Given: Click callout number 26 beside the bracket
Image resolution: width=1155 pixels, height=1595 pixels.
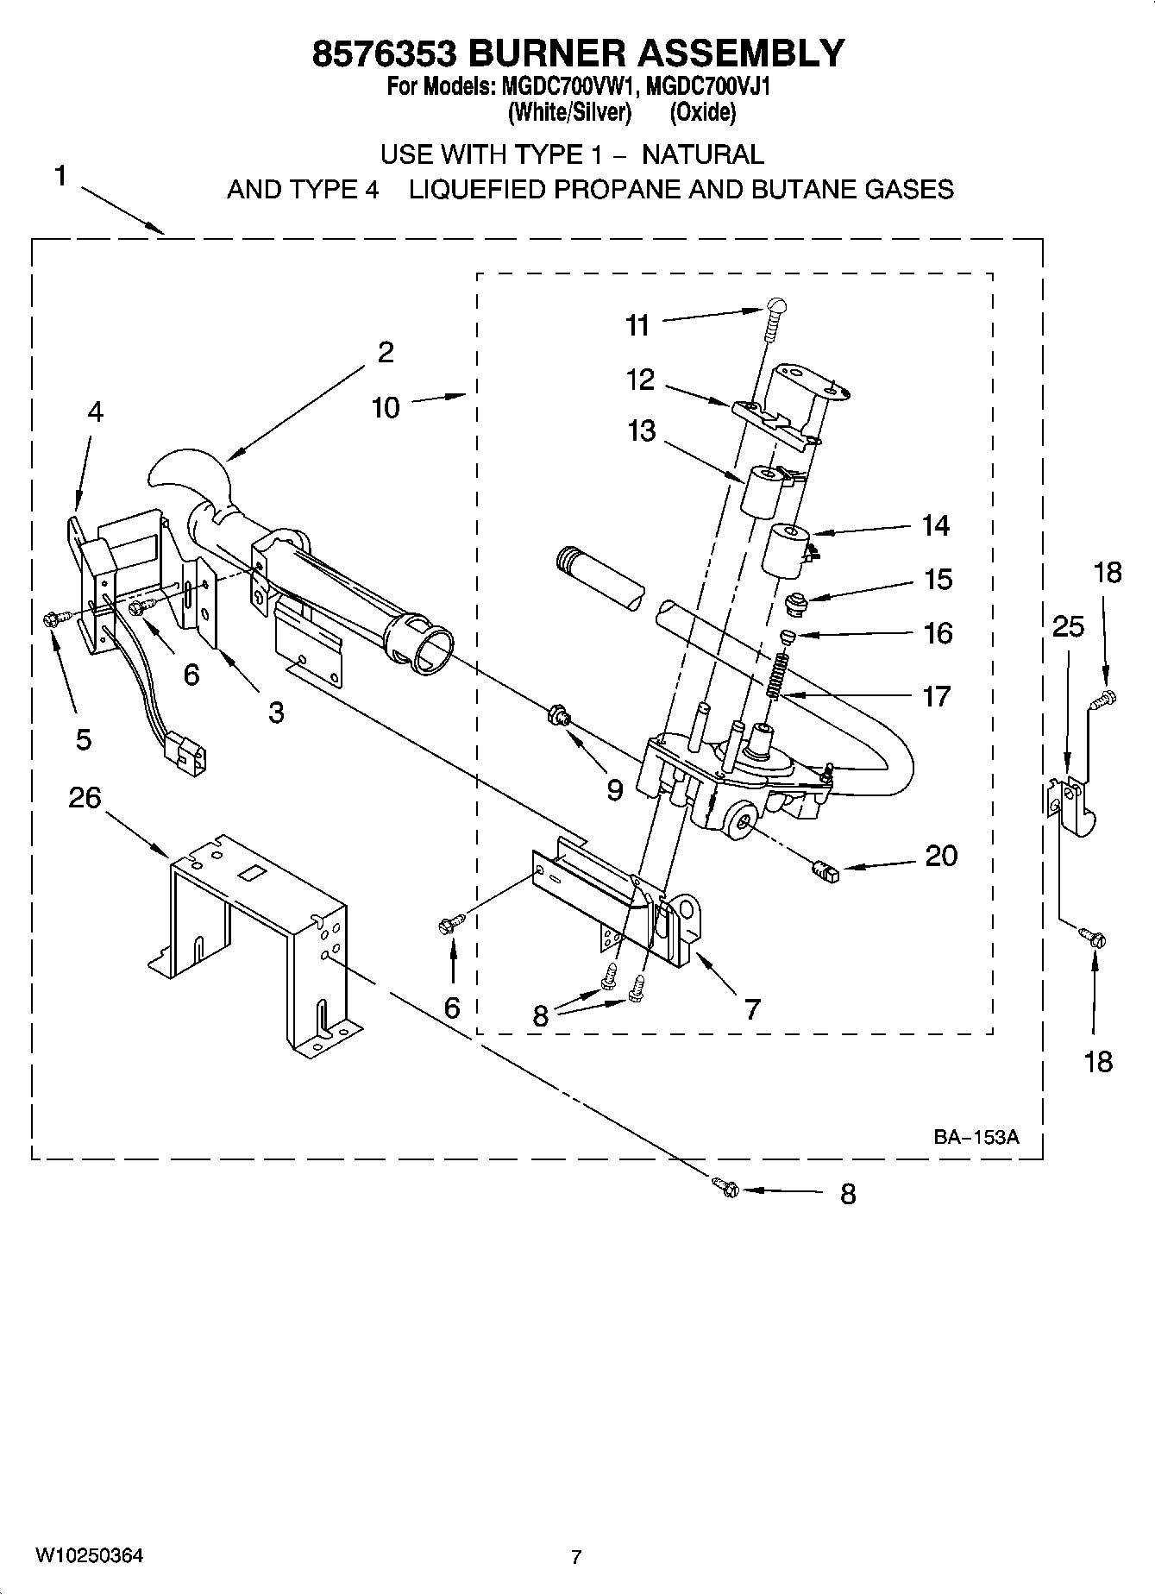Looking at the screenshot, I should pyautogui.click(x=85, y=798).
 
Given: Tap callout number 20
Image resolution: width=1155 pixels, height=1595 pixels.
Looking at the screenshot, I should pyautogui.click(x=940, y=856).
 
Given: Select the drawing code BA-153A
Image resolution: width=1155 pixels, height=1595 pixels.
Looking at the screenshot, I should pyautogui.click(x=976, y=1137).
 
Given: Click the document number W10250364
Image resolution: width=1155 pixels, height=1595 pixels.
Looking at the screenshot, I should pyautogui.click(x=89, y=1555).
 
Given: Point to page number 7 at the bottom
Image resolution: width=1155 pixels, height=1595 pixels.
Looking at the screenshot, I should pyautogui.click(x=576, y=1557).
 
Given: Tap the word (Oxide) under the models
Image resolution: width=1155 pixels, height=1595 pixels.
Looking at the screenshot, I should pyautogui.click(x=703, y=112).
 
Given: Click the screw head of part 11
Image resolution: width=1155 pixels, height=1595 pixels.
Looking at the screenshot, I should pyautogui.click(x=776, y=305).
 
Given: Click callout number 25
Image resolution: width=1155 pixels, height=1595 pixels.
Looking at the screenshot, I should pyautogui.click(x=1068, y=626).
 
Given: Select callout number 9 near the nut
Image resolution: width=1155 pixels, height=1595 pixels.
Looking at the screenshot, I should pyautogui.click(x=614, y=789).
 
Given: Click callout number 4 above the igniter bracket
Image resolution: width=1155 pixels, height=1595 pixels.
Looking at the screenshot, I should pyautogui.click(x=95, y=412).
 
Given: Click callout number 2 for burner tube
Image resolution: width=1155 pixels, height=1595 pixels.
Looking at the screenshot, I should pyautogui.click(x=386, y=352).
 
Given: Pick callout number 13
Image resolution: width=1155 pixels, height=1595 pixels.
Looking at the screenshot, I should pyautogui.click(x=642, y=430).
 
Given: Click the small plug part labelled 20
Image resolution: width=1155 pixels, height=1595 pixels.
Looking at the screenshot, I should pyautogui.click(x=826, y=873).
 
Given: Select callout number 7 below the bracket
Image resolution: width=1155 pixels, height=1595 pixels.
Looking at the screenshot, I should pyautogui.click(x=752, y=1008).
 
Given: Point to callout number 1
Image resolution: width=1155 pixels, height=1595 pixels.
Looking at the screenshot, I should pyautogui.click(x=60, y=177).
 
